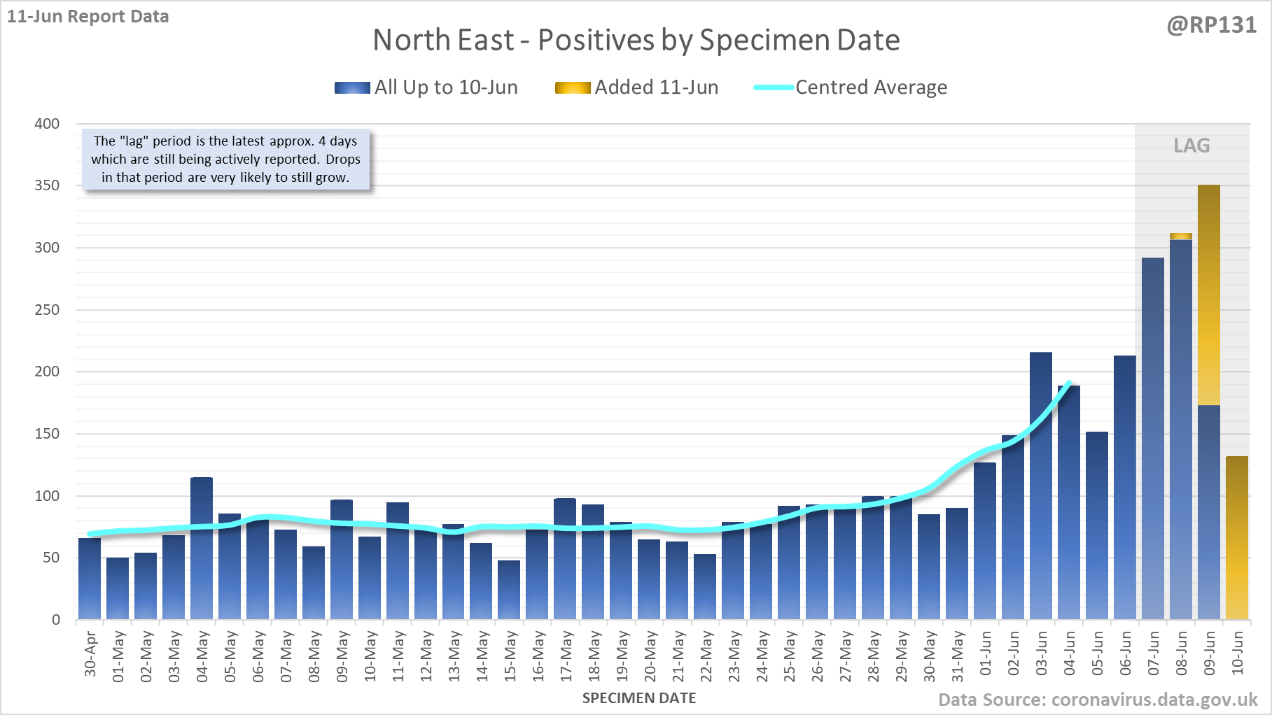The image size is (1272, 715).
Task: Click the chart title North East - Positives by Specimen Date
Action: pyautogui.click(x=636, y=40)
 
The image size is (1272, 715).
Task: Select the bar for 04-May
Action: pyautogui.click(x=202, y=548)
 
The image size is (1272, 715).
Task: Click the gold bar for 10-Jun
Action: pyautogui.click(x=1237, y=538)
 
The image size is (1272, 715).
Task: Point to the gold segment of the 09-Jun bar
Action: pyautogui.click(x=1209, y=295)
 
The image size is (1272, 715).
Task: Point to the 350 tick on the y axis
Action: pyautogui.click(x=47, y=185)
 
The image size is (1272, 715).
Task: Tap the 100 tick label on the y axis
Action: pyautogui.click(x=47, y=496)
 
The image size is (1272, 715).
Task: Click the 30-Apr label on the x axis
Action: pyautogui.click(x=90, y=654)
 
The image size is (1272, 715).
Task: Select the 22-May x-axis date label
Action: pyautogui.click(x=706, y=656)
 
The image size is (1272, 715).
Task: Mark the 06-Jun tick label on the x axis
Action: pyautogui.click(x=1126, y=653)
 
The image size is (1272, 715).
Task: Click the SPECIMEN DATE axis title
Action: pyautogui.click(x=639, y=698)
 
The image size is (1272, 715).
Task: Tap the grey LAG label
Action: pyautogui.click(x=1191, y=146)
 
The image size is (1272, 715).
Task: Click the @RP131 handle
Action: pyautogui.click(x=1212, y=25)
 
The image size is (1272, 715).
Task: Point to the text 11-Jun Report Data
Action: pyautogui.click(x=88, y=17)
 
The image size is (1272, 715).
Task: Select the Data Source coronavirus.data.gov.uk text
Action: pyautogui.click(x=1098, y=700)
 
